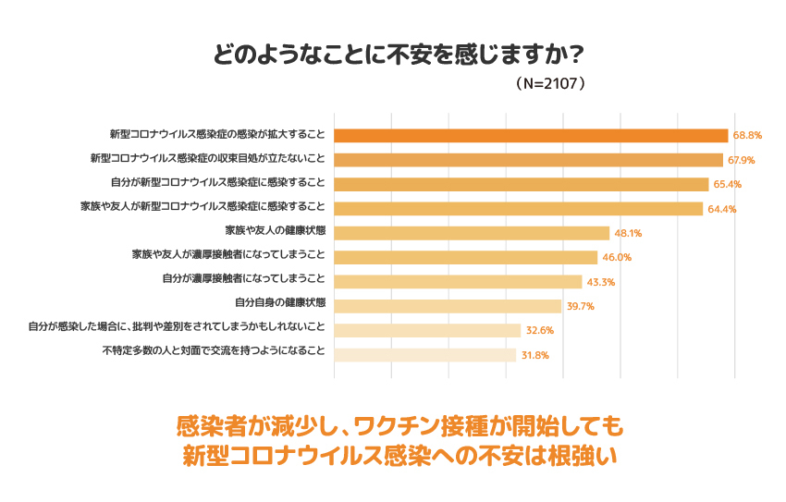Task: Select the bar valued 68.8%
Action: pyautogui.click(x=531, y=135)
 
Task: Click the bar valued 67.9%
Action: pyautogui.click(x=528, y=159)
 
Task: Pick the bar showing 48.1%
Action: pyautogui.click(x=472, y=233)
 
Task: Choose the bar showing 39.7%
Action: pyautogui.click(x=448, y=306)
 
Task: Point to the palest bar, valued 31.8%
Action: pyautogui.click(x=424, y=355)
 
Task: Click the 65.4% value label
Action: pyautogui.click(x=728, y=184)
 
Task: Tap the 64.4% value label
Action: pyautogui.click(x=722, y=209)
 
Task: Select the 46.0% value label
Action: pyautogui.click(x=617, y=258)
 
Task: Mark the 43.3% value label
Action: pyautogui.click(x=601, y=282)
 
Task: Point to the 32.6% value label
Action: pyautogui.click(x=540, y=331)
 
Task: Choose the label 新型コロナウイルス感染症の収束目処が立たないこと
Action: pyautogui.click(x=208, y=159)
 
